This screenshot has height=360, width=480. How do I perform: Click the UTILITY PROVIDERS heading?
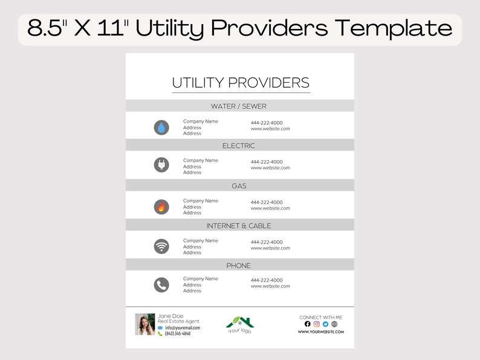[241, 83]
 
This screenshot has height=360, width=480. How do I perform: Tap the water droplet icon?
[161, 127]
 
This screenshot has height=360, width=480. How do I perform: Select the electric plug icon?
[161, 164]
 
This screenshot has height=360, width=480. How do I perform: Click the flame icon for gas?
[161, 207]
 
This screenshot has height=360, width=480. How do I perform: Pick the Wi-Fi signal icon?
[161, 246]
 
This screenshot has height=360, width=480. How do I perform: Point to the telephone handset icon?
[161, 284]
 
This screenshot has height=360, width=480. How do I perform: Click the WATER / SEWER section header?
[238, 106]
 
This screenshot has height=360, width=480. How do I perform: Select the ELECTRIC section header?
[239, 146]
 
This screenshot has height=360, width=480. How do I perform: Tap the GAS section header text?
[239, 186]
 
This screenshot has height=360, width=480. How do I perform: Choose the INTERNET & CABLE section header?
[239, 226]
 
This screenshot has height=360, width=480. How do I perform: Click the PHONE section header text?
[238, 266]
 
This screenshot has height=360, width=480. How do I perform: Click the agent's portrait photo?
[145, 324]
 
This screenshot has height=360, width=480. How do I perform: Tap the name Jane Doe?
[170, 316]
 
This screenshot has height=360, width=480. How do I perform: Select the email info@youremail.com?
[182, 328]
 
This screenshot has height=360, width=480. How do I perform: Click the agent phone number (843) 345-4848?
[178, 334]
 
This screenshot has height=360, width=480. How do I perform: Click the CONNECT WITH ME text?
[320, 317]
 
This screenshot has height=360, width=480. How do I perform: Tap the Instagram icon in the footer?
[316, 324]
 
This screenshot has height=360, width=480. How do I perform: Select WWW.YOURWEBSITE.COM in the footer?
[320, 332]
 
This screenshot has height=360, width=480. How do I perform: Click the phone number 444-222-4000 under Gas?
[267, 202]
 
